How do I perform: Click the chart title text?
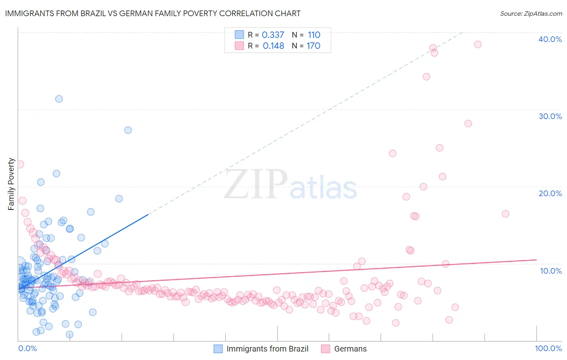pos(152,13)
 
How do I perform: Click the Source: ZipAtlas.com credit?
pos(531,13)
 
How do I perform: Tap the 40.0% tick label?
pos(550,39)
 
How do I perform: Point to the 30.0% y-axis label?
pos(550,116)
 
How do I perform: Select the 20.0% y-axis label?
pos(550,193)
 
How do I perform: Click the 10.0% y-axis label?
pos(550,271)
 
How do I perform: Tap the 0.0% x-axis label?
pos(27,348)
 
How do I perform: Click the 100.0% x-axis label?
pos(548,348)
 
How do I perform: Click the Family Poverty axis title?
pos(11,184)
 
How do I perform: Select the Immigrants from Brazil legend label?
pos(267,349)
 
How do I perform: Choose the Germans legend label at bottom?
pos(350,349)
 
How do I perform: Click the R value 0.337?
pos(273,35)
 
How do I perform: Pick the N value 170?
pos(313,46)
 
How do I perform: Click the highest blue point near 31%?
pos(59,99)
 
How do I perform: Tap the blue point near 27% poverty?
pos(128,130)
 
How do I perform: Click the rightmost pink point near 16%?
pos(505,214)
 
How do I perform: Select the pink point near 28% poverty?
pos(468,123)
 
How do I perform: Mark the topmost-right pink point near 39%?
pos(477,44)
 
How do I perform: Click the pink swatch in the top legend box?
pos(239,46)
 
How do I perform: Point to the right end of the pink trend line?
pos(536,260)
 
